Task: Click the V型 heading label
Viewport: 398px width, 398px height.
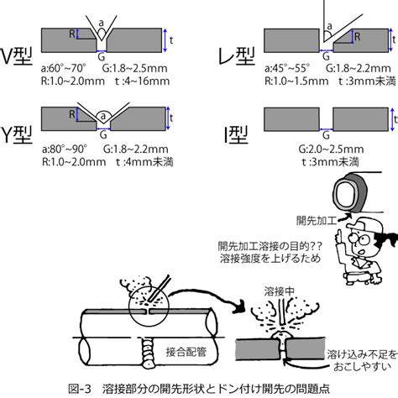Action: (x=18, y=56)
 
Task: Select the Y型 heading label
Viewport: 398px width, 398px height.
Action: (x=18, y=134)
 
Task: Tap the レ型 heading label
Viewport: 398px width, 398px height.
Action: (x=237, y=56)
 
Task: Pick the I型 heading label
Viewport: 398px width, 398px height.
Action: (x=237, y=134)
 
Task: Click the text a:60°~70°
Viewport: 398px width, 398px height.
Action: (x=64, y=68)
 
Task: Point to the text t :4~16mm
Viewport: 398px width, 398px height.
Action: (x=142, y=81)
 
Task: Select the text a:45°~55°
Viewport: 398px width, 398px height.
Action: (x=287, y=68)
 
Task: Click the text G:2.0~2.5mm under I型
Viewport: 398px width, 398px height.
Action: (x=331, y=149)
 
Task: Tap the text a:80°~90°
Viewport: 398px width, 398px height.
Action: (x=65, y=149)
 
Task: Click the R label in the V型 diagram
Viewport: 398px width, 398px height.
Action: (x=72, y=34)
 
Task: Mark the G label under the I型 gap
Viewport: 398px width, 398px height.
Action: (x=326, y=135)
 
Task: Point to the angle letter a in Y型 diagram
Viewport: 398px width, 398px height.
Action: (x=103, y=115)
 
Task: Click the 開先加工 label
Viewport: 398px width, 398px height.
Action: (x=316, y=221)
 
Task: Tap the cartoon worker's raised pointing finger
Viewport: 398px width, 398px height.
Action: (x=339, y=234)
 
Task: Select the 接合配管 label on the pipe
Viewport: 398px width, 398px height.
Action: (x=186, y=352)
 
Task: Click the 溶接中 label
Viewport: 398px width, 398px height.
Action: (x=280, y=291)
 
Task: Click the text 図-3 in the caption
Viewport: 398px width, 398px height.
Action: (x=80, y=389)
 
